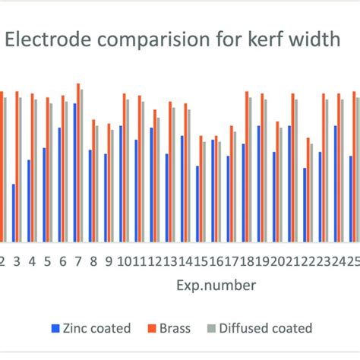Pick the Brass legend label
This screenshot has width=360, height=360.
[174, 328]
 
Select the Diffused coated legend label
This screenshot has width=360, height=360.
[265, 328]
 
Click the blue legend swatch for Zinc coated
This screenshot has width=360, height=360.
[55, 329]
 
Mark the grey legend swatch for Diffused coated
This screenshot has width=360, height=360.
[210, 329]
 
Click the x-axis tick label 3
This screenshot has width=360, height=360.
[17, 261]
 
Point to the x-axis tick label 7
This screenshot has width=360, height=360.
[78, 261]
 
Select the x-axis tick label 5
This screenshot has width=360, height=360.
[47, 261]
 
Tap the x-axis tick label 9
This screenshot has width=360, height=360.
[109, 261]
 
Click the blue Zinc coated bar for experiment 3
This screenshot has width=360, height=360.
[14, 213]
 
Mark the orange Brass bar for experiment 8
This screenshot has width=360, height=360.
[93, 181]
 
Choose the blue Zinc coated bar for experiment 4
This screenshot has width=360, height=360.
[29, 201]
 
